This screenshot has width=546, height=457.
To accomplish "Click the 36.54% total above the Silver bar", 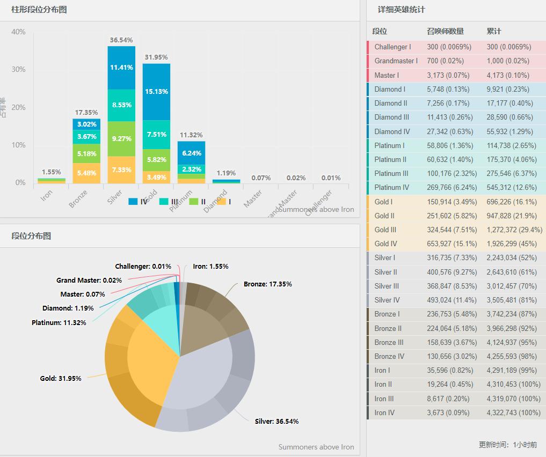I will click(121, 40).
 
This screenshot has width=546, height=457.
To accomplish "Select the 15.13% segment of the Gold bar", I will click(156, 91).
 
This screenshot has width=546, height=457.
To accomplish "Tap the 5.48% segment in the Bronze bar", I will click(86, 173).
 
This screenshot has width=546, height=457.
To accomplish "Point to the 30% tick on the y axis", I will click(18, 70).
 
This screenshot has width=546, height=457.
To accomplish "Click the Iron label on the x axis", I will click(47, 196).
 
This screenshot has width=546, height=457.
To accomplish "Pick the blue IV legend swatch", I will click(133, 202).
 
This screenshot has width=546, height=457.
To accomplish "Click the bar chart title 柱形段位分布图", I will click(39, 10).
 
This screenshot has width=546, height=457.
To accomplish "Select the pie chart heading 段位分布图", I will click(31, 236).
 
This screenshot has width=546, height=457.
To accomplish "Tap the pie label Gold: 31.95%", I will click(61, 378).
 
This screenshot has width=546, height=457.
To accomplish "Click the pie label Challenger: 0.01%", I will click(143, 267).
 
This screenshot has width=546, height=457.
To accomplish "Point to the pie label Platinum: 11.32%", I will click(59, 322).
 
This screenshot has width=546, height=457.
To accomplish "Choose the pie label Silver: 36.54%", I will click(276, 421).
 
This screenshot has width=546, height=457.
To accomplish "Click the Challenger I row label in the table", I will click(392, 47).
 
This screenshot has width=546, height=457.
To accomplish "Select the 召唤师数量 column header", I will click(445, 31).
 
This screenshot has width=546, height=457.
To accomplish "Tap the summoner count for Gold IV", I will click(449, 244).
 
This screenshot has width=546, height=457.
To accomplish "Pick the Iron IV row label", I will click(384, 412).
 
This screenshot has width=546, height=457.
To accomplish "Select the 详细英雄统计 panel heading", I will click(401, 10).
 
